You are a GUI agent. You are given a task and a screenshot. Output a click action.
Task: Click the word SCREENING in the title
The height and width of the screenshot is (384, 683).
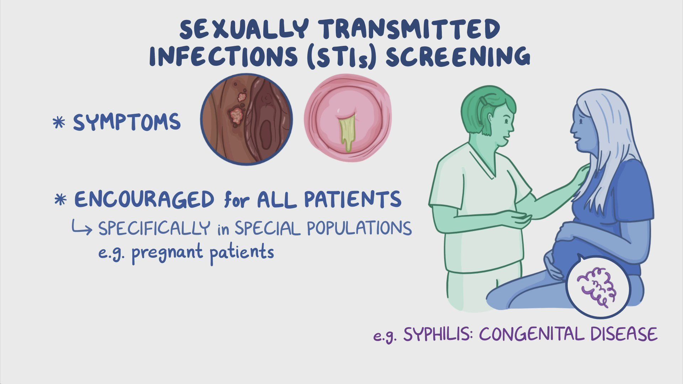click(458, 57)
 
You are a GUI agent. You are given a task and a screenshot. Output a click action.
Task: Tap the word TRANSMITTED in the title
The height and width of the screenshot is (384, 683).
click(409, 29)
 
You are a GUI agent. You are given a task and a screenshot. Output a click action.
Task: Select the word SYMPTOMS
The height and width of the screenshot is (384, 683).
click(127, 122)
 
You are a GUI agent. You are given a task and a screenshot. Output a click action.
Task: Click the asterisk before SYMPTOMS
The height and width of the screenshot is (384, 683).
click(59, 123)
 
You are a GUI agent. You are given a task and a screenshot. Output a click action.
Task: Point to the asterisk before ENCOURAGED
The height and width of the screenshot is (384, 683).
click(60, 200)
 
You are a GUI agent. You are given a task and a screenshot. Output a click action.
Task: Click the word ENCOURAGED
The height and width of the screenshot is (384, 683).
click(144, 199)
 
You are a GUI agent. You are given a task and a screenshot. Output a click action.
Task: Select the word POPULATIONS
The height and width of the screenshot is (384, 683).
click(359, 228)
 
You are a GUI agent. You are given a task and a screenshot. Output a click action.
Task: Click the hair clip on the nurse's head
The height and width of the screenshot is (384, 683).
click(483, 101)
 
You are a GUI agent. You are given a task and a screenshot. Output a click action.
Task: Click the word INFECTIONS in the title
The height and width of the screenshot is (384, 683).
click(224, 57)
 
